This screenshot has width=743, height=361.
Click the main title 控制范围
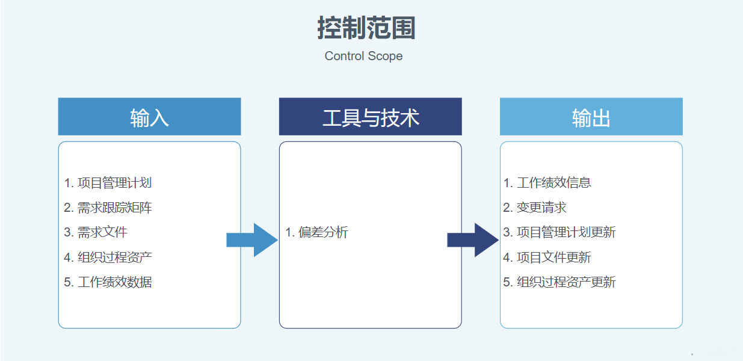366,28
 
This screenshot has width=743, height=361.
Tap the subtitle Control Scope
363,56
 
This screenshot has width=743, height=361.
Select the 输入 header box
149,117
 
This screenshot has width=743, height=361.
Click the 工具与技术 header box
370,117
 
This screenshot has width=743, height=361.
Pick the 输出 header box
591,117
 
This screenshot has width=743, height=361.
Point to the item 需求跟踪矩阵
108,208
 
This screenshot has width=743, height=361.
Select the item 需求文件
96,232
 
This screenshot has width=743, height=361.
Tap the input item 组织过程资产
108,258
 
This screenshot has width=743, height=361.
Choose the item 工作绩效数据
108,282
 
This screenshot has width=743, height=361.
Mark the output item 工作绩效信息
547,183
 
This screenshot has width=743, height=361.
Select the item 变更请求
535,208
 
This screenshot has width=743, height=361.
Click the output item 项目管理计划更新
560,232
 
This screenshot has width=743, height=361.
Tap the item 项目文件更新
547,258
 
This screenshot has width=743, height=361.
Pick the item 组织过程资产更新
560,282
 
